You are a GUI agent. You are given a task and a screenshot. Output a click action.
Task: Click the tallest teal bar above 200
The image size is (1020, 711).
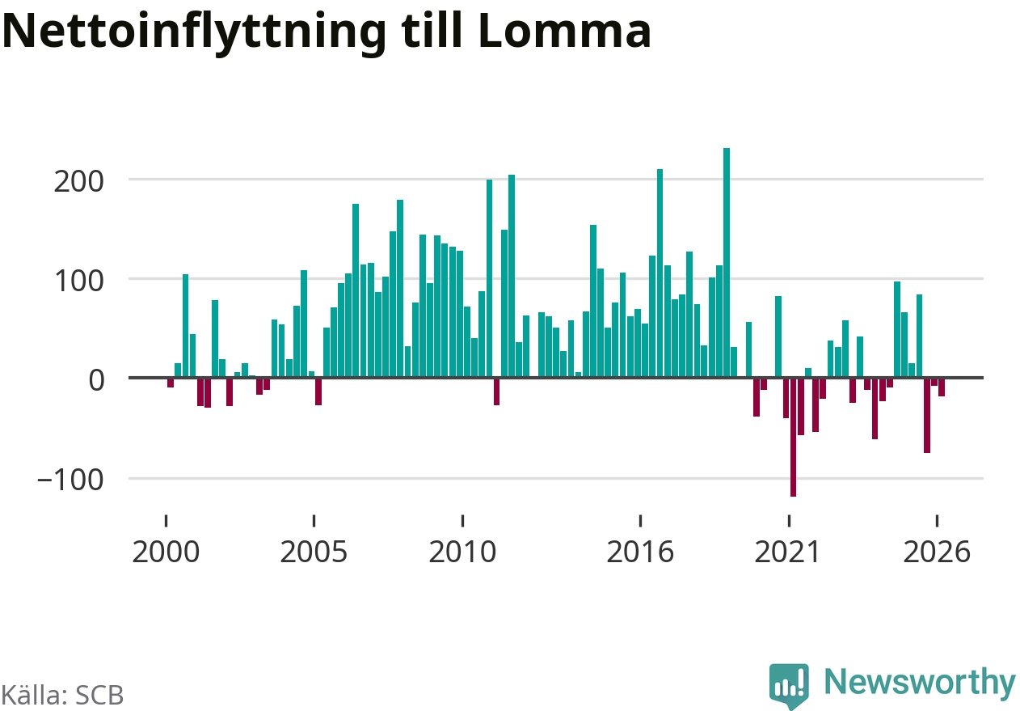(727, 263)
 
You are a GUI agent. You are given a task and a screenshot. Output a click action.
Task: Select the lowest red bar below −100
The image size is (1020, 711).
(793, 438)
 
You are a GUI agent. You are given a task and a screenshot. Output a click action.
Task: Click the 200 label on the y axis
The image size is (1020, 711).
(78, 182)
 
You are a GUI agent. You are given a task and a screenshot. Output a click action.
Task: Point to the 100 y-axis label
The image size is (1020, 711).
(79, 281)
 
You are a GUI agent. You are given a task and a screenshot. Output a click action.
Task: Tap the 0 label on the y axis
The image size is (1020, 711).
(96, 380)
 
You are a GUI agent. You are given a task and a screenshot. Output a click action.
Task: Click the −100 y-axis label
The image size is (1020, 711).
(70, 480)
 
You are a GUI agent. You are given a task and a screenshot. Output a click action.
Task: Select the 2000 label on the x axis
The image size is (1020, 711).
(166, 552)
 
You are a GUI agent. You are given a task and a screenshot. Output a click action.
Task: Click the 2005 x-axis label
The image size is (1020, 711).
(314, 552)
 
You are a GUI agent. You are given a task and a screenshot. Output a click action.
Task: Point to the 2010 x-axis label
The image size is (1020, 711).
(462, 552)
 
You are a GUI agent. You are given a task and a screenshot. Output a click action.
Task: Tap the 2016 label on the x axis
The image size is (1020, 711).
(640, 552)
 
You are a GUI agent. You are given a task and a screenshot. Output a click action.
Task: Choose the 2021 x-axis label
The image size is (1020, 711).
(788, 552)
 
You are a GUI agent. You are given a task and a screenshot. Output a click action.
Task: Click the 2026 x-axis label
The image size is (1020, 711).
(937, 552)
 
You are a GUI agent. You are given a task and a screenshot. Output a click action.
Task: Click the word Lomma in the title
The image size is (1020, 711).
(565, 31)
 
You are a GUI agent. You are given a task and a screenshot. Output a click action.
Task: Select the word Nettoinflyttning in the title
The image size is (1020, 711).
(194, 34)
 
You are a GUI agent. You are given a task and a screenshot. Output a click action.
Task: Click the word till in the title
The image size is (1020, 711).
(432, 30)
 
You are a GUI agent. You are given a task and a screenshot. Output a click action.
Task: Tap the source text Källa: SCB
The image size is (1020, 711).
(62, 695)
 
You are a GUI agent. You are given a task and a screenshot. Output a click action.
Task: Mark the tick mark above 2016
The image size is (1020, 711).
(640, 521)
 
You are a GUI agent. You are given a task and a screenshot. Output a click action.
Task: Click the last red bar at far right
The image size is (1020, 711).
(942, 387)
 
